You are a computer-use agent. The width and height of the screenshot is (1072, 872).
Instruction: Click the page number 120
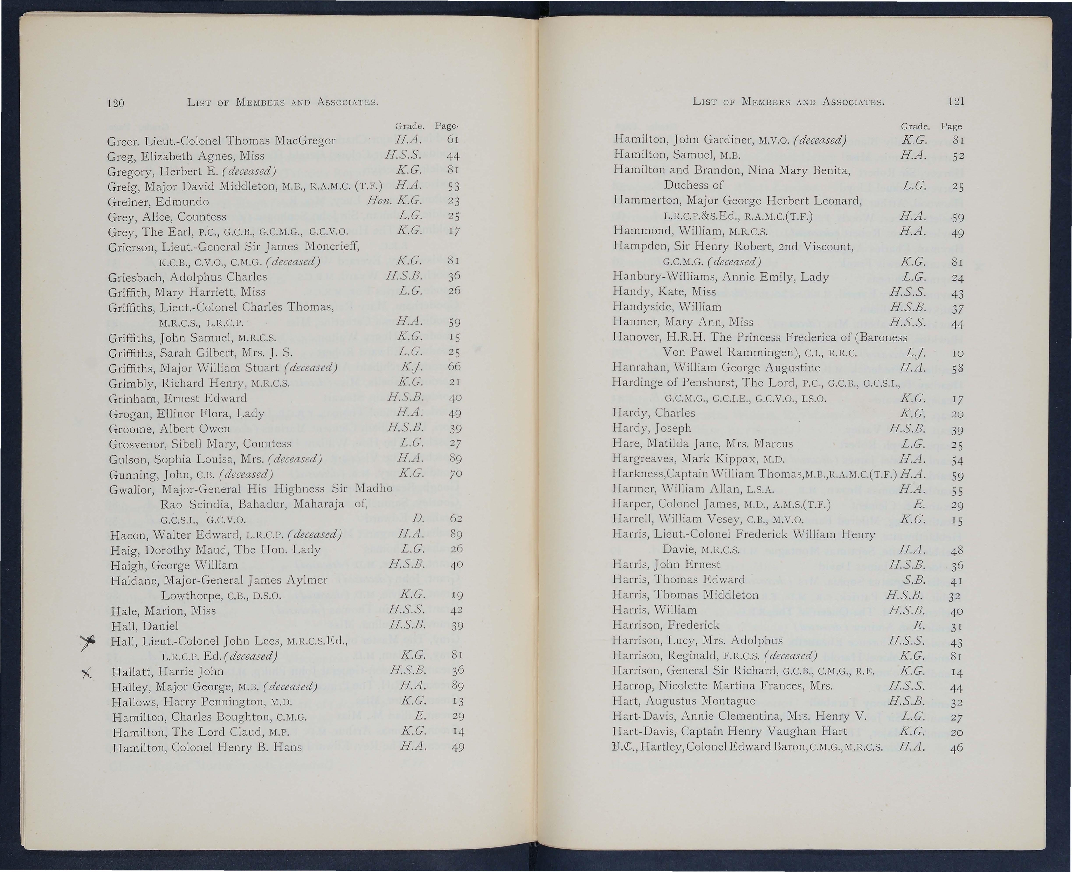[x=116, y=103]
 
